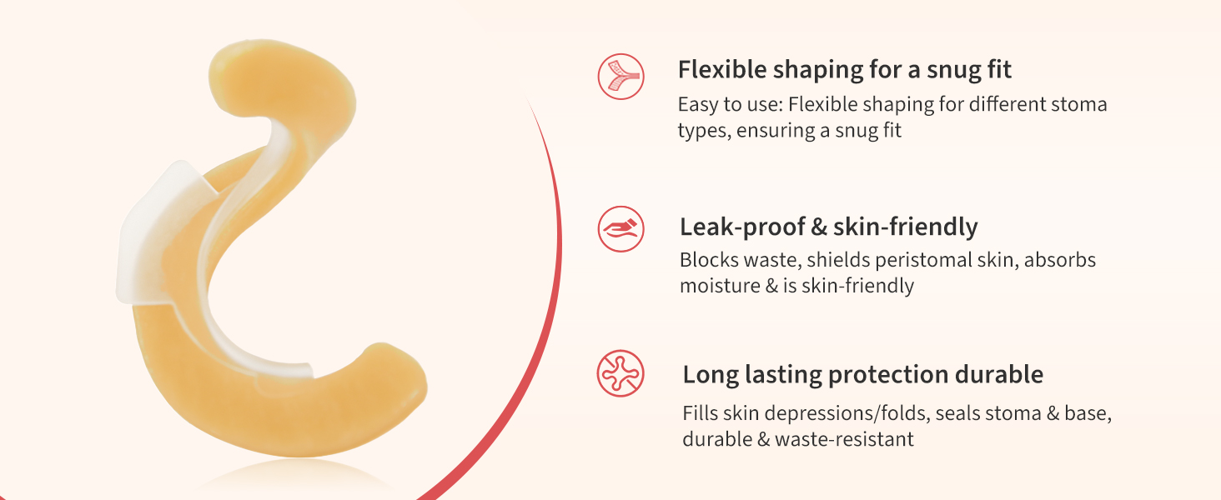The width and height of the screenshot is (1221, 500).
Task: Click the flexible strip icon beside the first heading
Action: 621,77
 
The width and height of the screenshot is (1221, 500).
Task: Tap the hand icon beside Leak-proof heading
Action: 621,229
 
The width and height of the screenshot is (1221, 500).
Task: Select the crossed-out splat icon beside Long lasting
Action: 621,373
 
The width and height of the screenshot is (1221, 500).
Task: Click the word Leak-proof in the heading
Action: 742,227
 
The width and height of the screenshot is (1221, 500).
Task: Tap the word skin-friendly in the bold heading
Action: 906,227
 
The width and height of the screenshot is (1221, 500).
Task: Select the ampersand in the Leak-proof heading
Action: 819,227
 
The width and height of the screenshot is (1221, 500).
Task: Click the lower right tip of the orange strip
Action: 420,382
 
